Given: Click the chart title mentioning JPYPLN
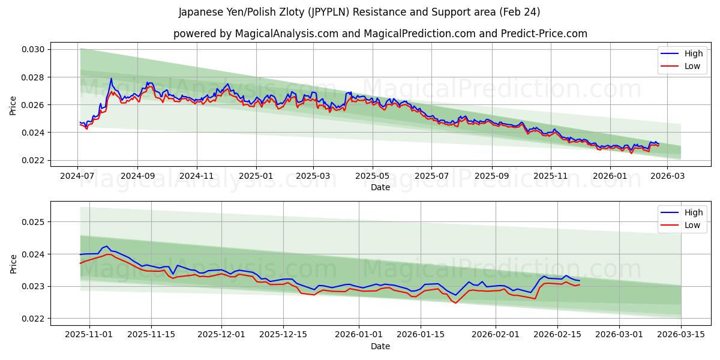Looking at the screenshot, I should coord(359,12).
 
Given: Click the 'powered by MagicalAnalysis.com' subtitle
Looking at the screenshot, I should coord(380,34).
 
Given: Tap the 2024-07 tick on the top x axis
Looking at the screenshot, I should coord(77,176).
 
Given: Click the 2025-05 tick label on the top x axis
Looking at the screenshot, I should coord(373,176).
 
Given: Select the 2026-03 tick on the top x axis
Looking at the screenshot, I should coord(668,176).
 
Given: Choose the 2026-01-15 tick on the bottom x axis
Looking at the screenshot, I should coord(420,335).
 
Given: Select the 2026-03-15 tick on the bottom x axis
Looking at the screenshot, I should coord(681,335).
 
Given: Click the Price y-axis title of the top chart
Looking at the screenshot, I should coord(13,105).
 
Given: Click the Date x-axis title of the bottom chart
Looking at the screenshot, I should coord(380,346).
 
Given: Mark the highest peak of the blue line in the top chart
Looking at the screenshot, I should coord(111,78).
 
